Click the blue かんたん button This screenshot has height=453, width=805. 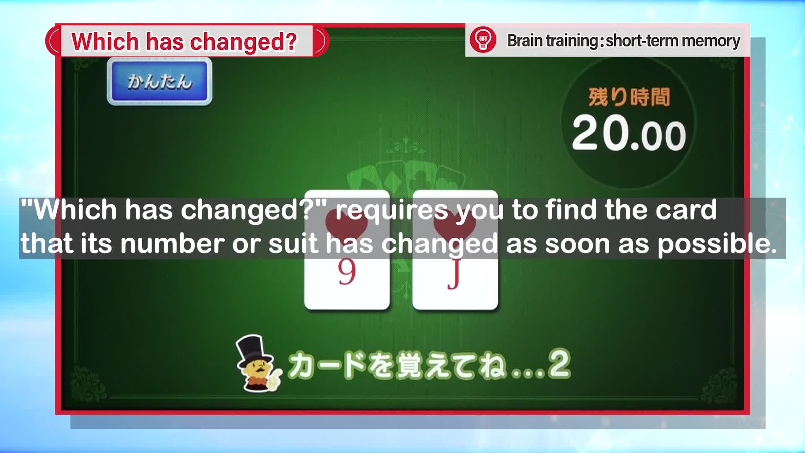point(159,81)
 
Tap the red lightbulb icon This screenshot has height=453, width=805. point(483,40)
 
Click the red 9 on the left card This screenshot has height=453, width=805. point(347,273)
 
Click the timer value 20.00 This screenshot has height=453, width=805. point(629,133)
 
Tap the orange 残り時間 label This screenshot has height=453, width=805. point(629,97)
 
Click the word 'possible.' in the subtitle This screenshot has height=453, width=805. point(717,244)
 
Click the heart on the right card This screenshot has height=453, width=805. point(455,224)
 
